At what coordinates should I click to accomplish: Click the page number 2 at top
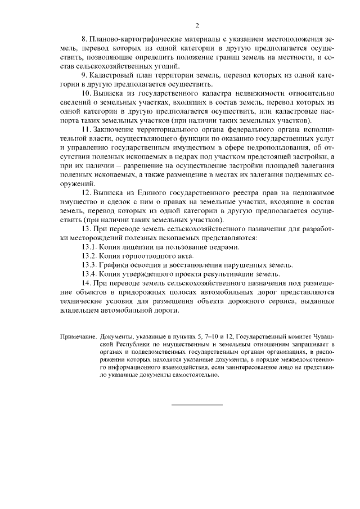pyautogui.click(x=197, y=25)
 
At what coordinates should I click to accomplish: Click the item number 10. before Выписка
pyautogui.click(x=87, y=92)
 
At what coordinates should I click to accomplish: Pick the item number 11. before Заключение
pyautogui.click(x=87, y=129)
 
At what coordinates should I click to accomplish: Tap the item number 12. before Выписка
pyautogui.click(x=87, y=193)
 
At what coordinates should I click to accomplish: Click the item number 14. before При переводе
pyautogui.click(x=87, y=283)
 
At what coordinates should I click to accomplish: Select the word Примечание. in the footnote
pyautogui.click(x=78, y=336)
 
